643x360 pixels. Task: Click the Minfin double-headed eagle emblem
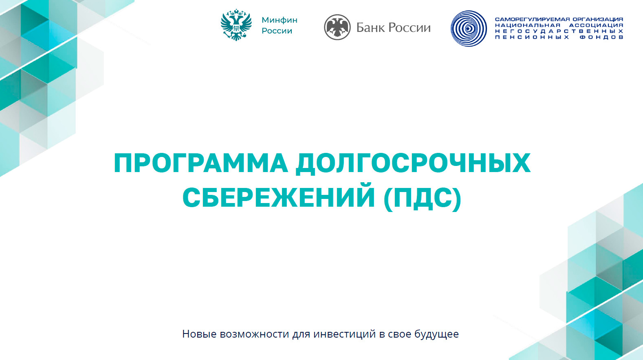click(236, 25)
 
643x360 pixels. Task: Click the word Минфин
click(279, 20)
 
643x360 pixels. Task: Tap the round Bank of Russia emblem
click(337, 27)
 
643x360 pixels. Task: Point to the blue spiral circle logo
click(469, 29)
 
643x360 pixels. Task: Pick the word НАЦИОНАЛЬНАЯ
click(527, 25)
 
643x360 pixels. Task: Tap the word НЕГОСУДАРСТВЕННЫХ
click(559, 31)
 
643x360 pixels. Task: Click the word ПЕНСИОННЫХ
click(532, 38)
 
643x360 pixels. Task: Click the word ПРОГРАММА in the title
click(201, 163)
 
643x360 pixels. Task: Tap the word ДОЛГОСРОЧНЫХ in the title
click(413, 164)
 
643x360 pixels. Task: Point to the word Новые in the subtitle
click(199, 334)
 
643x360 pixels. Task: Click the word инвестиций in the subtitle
click(344, 334)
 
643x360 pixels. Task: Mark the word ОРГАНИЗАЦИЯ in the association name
click(598, 19)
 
